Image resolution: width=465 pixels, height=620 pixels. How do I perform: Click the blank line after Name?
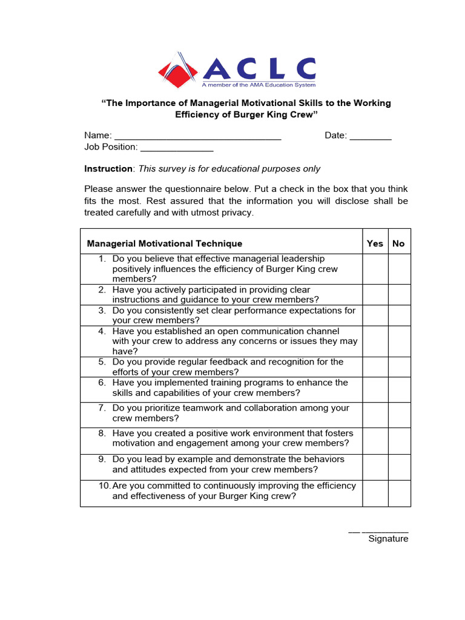[x=197, y=139]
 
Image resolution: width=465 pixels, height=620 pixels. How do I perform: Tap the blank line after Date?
[x=371, y=139]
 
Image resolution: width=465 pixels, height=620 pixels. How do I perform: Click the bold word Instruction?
[x=108, y=169]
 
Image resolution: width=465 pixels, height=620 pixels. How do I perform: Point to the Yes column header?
[x=375, y=243]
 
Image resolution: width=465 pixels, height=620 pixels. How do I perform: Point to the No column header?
[x=398, y=243]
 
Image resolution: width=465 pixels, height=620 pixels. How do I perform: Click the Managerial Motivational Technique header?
[x=165, y=243]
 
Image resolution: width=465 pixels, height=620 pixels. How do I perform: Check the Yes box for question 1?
[x=375, y=269]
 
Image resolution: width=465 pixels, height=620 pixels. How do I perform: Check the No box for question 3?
[x=399, y=315]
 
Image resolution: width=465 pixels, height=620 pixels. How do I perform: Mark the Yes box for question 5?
[x=375, y=367]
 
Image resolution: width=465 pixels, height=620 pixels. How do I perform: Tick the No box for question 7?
[x=399, y=415]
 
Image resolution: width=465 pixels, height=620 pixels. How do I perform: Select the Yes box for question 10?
[x=375, y=493]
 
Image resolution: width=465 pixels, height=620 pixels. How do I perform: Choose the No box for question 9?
[x=399, y=467]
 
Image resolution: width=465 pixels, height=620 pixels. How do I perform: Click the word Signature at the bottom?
[x=388, y=539]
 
